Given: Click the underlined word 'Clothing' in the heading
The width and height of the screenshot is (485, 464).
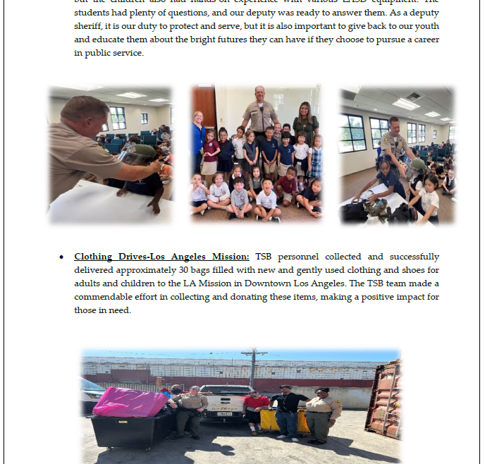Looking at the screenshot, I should (94, 257).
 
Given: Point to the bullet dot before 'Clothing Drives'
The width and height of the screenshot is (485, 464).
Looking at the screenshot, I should (62, 257).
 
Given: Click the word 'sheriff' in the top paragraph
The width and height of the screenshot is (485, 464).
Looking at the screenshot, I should (89, 26).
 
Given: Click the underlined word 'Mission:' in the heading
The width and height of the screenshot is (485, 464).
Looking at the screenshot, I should (228, 257).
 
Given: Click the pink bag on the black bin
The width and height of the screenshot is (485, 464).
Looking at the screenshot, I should (130, 403).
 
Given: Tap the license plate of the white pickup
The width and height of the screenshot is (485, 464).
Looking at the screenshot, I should (224, 414).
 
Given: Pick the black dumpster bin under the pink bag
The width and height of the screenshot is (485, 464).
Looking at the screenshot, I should (130, 430).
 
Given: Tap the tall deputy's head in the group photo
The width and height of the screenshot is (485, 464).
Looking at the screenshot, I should (260, 93).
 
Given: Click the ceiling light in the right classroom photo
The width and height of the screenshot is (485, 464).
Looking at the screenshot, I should (407, 104).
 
